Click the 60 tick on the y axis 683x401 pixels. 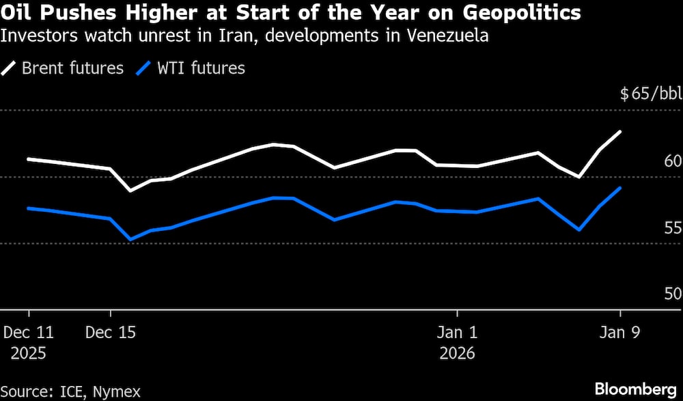pos(673,161)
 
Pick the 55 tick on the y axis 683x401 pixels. pos(673,228)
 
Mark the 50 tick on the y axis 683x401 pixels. pos(673,294)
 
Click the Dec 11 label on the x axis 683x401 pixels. pos(29,333)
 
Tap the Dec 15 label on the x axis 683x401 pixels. pos(111,333)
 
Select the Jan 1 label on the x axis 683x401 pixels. pos(458,333)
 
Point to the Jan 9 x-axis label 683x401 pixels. pos(620,333)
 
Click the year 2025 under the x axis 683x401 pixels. pos(29,354)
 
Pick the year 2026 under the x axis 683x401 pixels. pos(458,354)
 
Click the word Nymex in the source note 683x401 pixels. pos(117,391)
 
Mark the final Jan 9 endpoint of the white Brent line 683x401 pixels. pos(620,131)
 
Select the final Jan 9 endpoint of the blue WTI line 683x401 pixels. pos(620,188)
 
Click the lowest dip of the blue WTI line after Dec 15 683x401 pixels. pos(130,240)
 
